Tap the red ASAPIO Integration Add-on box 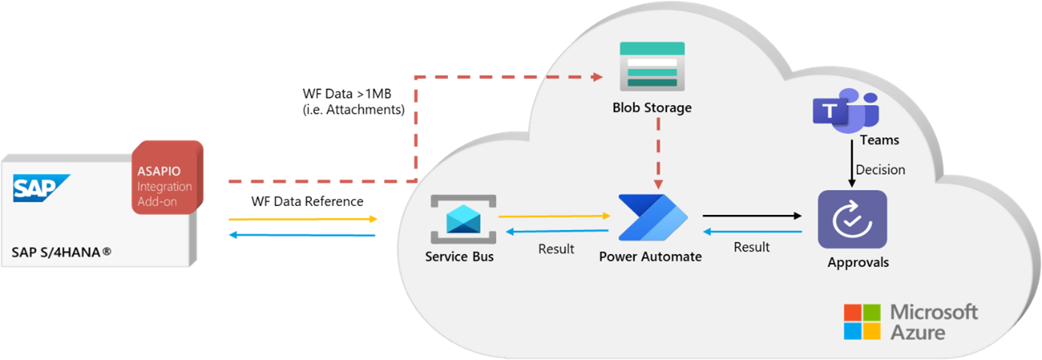(x=167, y=177)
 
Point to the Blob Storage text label (x=652, y=107)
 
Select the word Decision (x=880, y=169)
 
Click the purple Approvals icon (x=852, y=219)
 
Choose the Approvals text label (x=858, y=262)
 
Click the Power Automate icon (x=652, y=217)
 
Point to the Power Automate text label (x=650, y=256)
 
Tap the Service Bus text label (x=459, y=256)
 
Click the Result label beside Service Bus (x=556, y=249)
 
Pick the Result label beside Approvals (x=751, y=247)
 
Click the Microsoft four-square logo (x=862, y=322)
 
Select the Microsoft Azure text (x=934, y=322)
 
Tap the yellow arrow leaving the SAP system (x=302, y=219)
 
